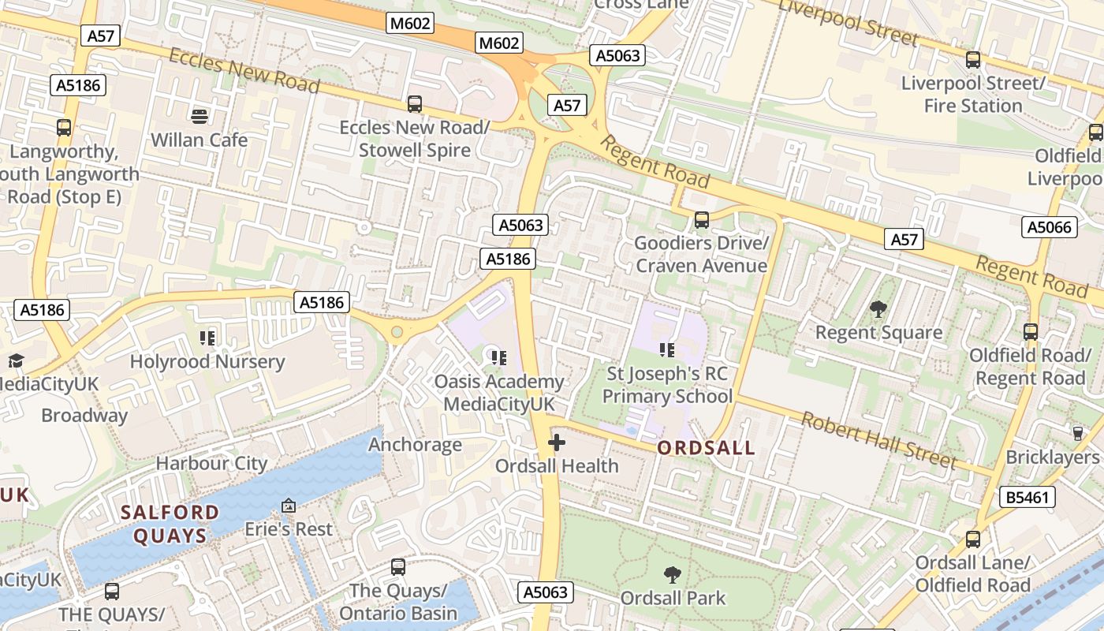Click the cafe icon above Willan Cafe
tap(200, 117)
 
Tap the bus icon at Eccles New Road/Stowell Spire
tap(414, 103)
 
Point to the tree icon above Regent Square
tap(878, 309)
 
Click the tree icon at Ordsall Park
tap(672, 575)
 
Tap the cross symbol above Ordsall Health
tap(557, 442)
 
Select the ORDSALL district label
tap(706, 449)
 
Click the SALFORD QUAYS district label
tap(170, 525)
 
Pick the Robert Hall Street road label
tap(879, 439)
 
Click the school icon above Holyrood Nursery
tap(207, 339)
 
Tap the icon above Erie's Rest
tap(289, 506)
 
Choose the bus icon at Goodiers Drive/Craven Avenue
tap(701, 220)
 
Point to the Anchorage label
tap(415, 445)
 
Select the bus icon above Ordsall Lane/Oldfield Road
tap(973, 540)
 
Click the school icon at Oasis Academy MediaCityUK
tap(498, 358)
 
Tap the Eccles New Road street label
tap(244, 69)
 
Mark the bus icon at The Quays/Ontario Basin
tap(398, 567)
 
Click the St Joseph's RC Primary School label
tap(667, 385)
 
